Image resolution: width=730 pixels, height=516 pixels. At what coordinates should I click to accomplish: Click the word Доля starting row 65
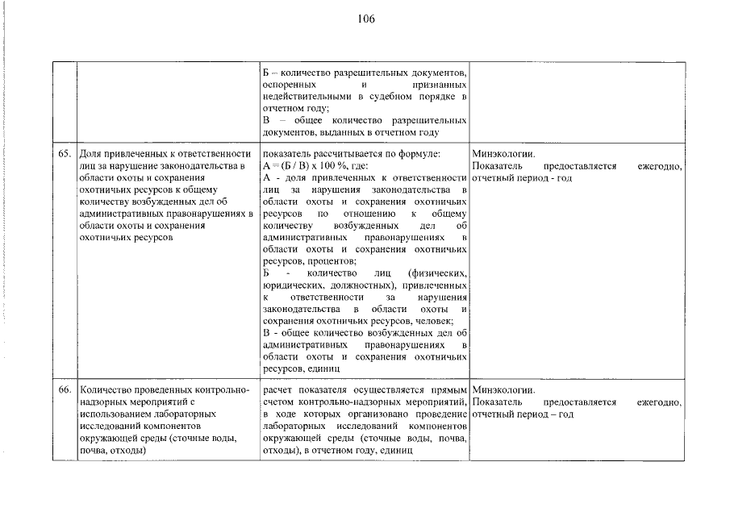click(91, 153)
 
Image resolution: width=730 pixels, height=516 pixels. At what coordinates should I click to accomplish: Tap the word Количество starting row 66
click(106, 389)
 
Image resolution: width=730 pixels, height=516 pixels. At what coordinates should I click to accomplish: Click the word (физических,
click(438, 274)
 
